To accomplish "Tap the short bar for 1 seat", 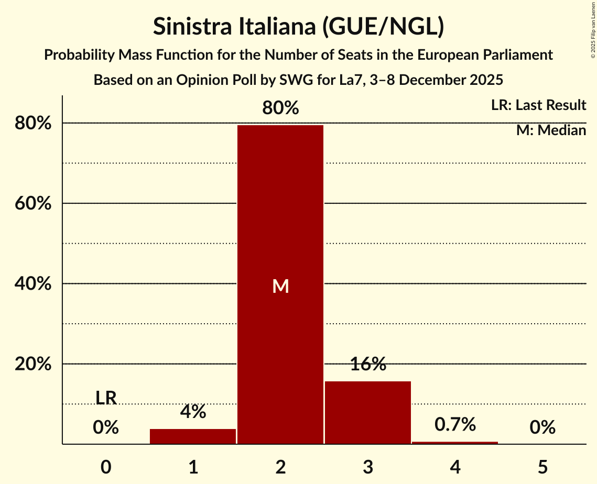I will click(193, 436).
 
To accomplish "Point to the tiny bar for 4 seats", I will click(455, 443).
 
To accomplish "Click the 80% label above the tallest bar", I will click(280, 108).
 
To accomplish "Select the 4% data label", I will click(193, 412).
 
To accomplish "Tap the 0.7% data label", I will click(455, 425).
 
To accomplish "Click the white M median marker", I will click(280, 286).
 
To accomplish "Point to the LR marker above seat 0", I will click(106, 398).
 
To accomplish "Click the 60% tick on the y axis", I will click(32, 204).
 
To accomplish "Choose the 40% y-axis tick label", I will click(32, 284).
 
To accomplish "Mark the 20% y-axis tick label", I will click(32, 364).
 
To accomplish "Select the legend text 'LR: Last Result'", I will click(538, 105).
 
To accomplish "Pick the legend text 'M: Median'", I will click(551, 130).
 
